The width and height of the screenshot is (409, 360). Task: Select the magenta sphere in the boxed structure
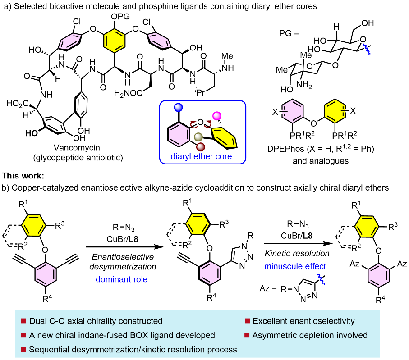pyautogui.click(x=217, y=116)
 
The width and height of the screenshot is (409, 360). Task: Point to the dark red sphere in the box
pyautogui.click(x=201, y=147)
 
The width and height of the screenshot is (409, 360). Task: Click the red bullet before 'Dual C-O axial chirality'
pyautogui.click(x=23, y=321)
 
